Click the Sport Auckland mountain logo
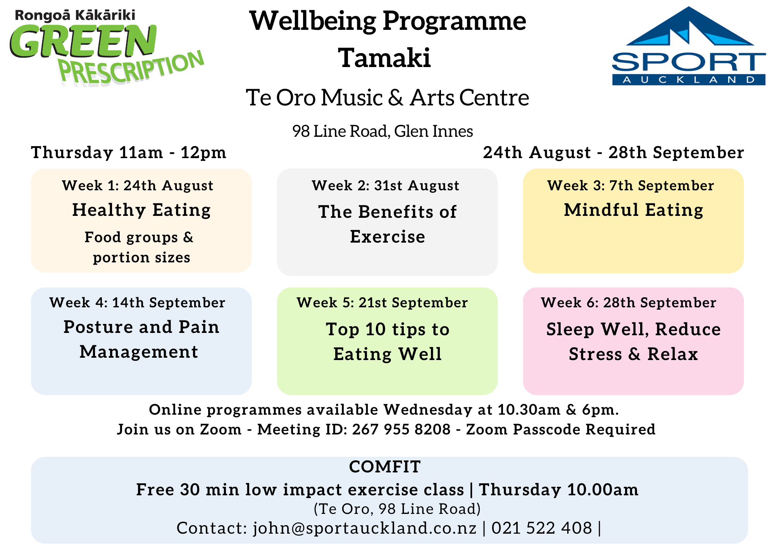coord(689,46)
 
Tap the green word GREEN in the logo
coord(83,41)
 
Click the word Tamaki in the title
coord(385,58)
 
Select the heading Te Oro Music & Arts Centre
coord(387,97)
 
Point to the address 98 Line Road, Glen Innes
coord(382,131)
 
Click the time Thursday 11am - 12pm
coord(129,152)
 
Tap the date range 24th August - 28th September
coord(613,152)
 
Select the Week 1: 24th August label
coord(138,186)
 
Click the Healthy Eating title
coord(141,210)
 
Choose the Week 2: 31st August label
coord(386,186)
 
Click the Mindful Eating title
coord(634,210)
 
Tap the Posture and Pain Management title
coord(141,339)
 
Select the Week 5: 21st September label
coord(382,303)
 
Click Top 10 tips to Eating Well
coord(387,342)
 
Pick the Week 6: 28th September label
coord(629,303)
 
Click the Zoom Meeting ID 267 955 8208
coord(401,429)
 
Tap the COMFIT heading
coord(385,467)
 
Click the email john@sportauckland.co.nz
coord(365,528)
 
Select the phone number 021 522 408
coord(542,528)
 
